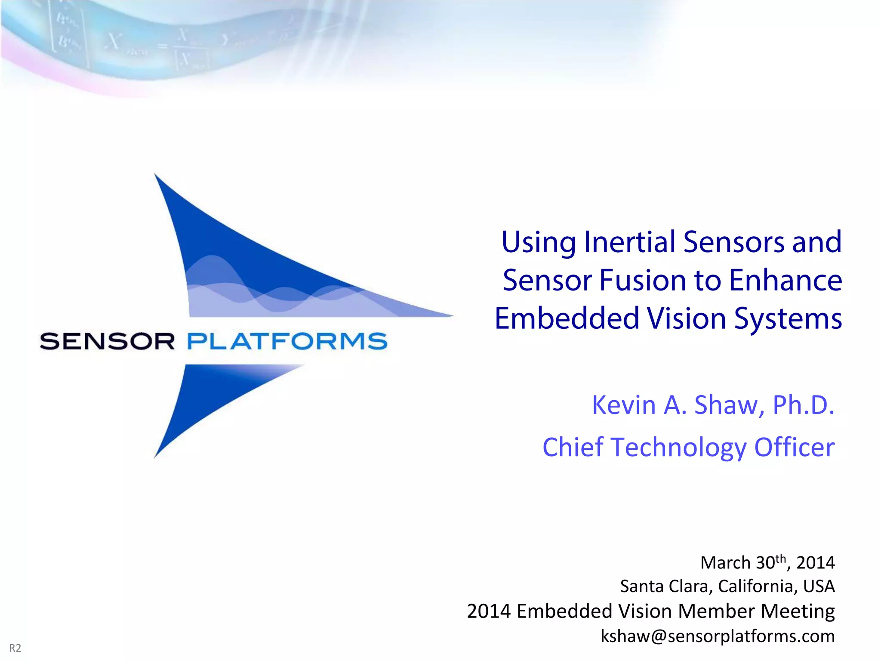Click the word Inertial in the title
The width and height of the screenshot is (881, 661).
(630, 242)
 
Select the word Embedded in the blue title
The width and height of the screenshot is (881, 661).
(567, 319)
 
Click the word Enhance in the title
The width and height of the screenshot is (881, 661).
(785, 281)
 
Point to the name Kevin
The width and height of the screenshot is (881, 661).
(624, 405)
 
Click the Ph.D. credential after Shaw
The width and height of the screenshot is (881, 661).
(803, 405)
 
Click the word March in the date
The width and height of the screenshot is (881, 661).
(725, 563)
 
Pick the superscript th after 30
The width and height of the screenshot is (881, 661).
(781, 559)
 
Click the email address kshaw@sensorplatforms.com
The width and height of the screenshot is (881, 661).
(718, 636)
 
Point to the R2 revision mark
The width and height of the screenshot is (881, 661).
(15, 648)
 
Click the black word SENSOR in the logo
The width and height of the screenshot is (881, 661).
(107, 341)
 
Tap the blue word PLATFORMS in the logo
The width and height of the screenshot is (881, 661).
(287, 341)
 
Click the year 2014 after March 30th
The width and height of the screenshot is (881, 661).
(815, 563)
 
